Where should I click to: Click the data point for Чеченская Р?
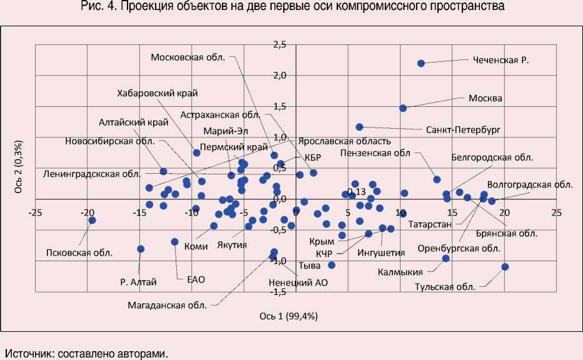click(x=421, y=63)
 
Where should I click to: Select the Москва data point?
click(x=403, y=108)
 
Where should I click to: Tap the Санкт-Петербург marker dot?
click(x=359, y=127)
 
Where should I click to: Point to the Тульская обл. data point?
click(x=505, y=267)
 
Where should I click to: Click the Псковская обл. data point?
click(x=92, y=220)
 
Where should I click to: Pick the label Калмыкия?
click(x=401, y=272)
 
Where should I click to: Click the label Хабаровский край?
click(x=157, y=93)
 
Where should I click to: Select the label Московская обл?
click(x=188, y=57)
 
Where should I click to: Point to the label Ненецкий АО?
click(x=299, y=282)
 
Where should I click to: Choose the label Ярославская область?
click(x=344, y=141)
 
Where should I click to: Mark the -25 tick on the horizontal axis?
click(x=36, y=212)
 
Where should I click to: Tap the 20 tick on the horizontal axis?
click(x=504, y=212)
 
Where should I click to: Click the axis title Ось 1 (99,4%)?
click(x=289, y=316)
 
